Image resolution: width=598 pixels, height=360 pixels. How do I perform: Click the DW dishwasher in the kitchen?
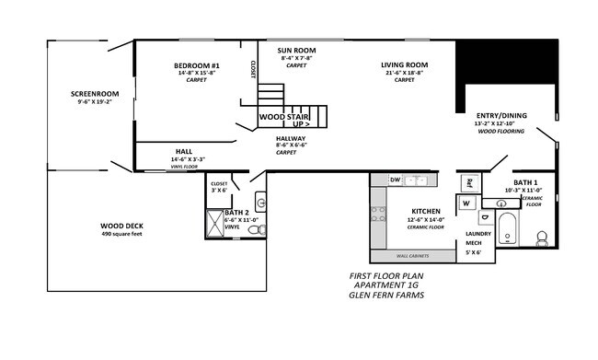[x=395, y=180]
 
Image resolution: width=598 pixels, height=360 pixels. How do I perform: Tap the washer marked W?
[x=466, y=203]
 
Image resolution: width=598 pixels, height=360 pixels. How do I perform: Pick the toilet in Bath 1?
[x=543, y=240]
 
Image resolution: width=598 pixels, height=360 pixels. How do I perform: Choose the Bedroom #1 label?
[x=198, y=65]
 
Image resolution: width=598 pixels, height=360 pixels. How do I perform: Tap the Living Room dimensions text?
[x=405, y=72]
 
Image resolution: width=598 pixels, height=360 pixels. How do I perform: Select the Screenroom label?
[x=95, y=93]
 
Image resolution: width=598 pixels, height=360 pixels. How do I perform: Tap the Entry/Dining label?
[x=500, y=114]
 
